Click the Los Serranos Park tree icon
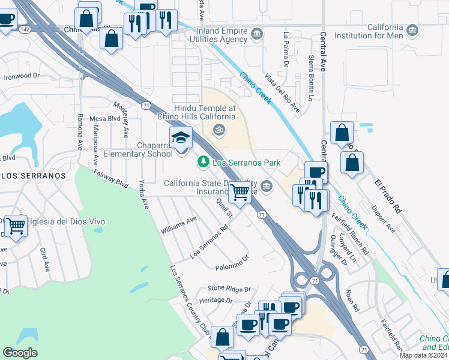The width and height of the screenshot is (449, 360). click(x=203, y=161)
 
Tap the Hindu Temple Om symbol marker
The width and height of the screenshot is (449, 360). click(x=219, y=129)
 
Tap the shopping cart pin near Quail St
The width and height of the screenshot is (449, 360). click(x=240, y=193)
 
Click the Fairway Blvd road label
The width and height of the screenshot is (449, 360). click(x=111, y=179)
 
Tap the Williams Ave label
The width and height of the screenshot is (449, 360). click(x=178, y=226)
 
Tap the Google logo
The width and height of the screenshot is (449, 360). click(x=20, y=353)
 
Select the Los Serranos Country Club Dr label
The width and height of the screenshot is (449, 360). click(x=190, y=300)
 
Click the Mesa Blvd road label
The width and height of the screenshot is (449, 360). click(x=105, y=119)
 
